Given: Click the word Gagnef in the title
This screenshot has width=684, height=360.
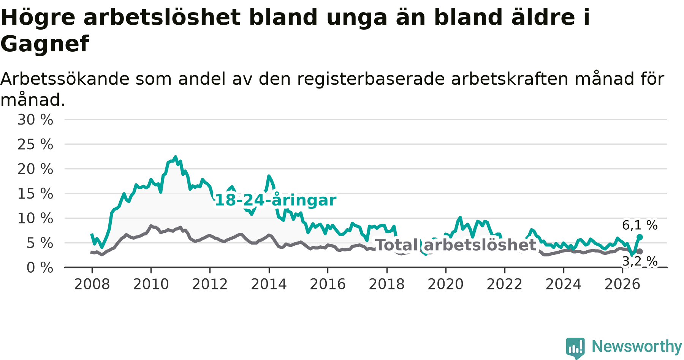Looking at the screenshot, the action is click(45, 44).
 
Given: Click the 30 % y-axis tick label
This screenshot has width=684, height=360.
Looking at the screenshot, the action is click(35, 120).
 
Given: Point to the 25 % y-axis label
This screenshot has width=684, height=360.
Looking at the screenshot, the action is click(35, 144).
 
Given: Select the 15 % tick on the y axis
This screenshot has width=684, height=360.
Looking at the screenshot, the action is click(35, 194).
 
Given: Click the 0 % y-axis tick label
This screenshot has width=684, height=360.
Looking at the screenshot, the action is click(40, 268).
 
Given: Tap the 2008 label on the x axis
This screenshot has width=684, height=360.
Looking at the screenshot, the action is click(92, 284).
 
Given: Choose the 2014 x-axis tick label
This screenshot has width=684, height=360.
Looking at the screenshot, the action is click(269, 284).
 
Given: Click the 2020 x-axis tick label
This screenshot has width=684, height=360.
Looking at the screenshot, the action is click(446, 284).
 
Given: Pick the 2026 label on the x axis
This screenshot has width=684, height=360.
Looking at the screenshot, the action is click(622, 284).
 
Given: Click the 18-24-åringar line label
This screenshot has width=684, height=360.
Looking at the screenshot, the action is click(275, 200).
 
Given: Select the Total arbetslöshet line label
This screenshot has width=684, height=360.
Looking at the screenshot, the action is click(456, 245).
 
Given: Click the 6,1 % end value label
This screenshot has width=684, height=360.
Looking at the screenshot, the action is click(640, 225).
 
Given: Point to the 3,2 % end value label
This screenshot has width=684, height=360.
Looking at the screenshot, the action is click(640, 261).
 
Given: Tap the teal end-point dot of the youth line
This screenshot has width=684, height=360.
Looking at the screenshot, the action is click(640, 237).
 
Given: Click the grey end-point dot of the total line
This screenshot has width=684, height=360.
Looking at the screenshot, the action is click(640, 251).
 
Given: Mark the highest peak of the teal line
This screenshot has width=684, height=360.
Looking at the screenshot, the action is click(175, 157).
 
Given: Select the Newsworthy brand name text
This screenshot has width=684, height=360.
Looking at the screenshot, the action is click(637, 346).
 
